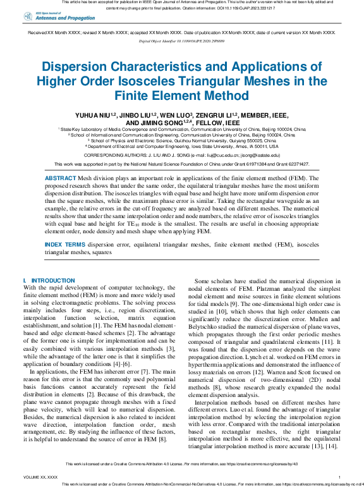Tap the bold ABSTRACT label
click(x=60, y=179)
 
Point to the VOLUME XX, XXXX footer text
click(x=40, y=477)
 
